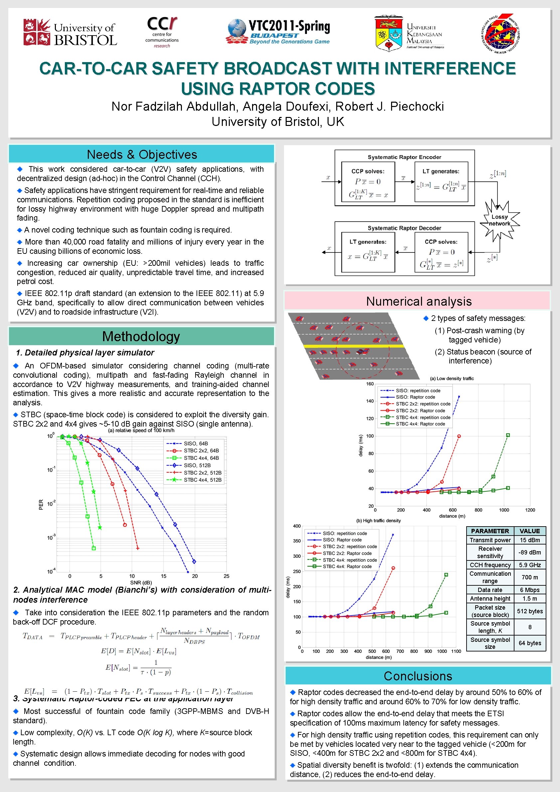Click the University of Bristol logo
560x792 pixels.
pyautogui.click(x=70, y=33)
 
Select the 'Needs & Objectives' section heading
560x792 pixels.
pyautogui.click(x=142, y=154)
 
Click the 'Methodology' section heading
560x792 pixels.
pyautogui.click(x=141, y=336)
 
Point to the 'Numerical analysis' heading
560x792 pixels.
pyautogui.click(x=418, y=301)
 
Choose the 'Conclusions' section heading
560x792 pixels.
pyautogui.click(x=418, y=676)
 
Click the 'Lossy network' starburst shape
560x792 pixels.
pyautogui.click(x=499, y=220)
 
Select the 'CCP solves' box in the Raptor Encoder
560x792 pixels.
pyautogui.click(x=368, y=182)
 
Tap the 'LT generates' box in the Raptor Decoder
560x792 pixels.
pyautogui.click(x=368, y=252)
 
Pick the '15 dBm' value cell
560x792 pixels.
pyautogui.click(x=530, y=540)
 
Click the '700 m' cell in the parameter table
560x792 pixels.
pyautogui.click(x=530, y=577)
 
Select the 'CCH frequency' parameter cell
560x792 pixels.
pyautogui.click(x=490, y=565)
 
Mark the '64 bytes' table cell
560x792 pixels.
pyautogui.click(x=530, y=643)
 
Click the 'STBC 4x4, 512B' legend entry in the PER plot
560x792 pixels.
pyautogui.click(x=202, y=480)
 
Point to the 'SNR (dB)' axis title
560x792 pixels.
pyautogui.click(x=141, y=583)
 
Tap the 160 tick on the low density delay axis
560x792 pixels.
pyautogui.click(x=370, y=384)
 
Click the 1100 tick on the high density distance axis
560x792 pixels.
pyautogui.click(x=456, y=651)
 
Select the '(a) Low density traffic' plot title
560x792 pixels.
pyautogui.click(x=452, y=378)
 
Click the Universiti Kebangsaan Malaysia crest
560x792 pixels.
pyautogui.click(x=388, y=34)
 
